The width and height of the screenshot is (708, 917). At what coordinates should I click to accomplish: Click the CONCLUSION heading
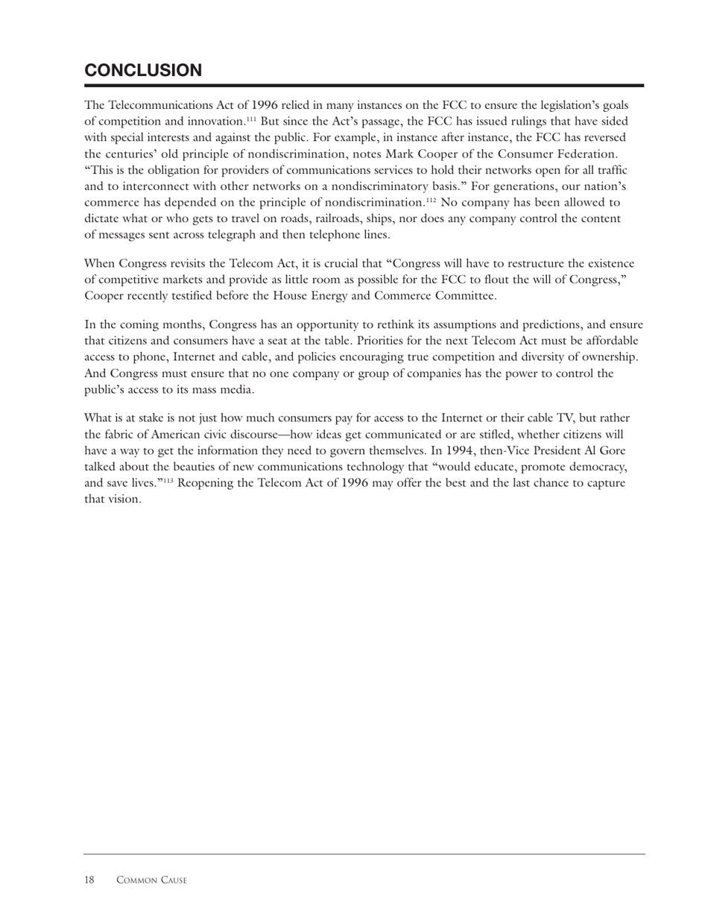(x=143, y=71)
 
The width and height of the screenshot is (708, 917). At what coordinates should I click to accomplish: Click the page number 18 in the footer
(x=89, y=880)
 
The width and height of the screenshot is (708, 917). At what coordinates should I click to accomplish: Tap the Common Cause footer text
(x=151, y=880)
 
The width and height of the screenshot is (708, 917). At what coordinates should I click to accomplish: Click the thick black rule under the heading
(x=364, y=86)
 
